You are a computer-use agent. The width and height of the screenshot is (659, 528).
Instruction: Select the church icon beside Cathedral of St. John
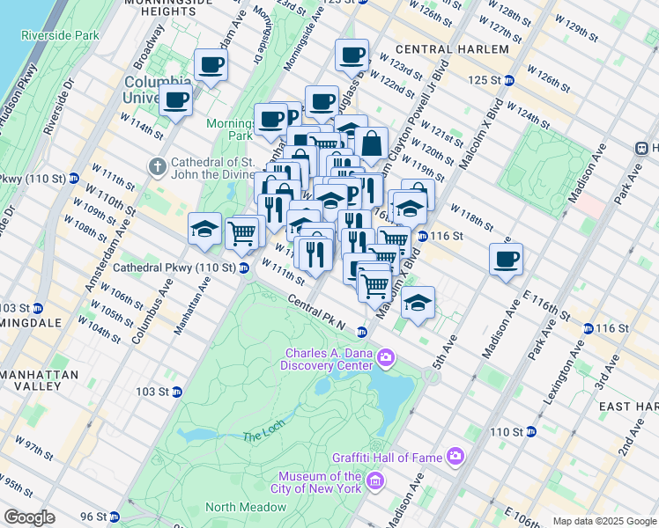coord(157,166)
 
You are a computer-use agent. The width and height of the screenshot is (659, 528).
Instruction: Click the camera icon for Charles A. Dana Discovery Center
coord(385,356)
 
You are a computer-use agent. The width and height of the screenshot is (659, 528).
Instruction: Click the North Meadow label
coord(246,507)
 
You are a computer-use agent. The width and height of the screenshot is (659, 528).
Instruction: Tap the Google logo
coord(30,517)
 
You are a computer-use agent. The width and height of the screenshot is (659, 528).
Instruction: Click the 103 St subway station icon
coord(176,392)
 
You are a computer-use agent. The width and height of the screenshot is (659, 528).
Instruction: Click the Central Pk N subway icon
coord(361,332)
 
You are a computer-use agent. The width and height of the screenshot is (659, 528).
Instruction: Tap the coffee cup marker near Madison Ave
coord(506,259)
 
